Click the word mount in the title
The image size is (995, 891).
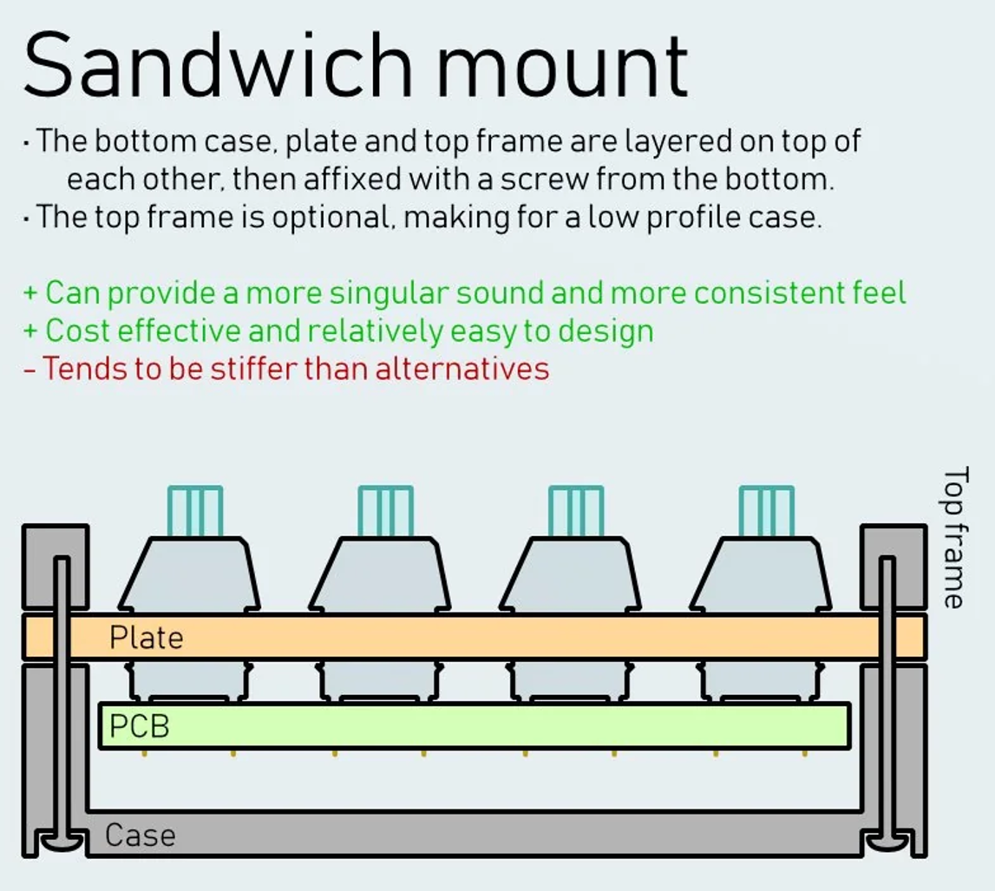click(x=562, y=68)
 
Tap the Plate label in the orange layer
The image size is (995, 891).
click(x=147, y=638)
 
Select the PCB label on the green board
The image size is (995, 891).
click(x=140, y=726)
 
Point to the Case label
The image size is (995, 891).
click(x=141, y=835)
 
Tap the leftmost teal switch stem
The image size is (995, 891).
click(x=195, y=512)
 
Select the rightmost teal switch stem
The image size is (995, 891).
click(x=767, y=512)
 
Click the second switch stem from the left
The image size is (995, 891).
click(x=386, y=512)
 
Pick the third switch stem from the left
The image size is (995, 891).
click(x=576, y=512)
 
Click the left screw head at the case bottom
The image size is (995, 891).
click(x=62, y=842)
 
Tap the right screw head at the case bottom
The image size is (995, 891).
click(x=887, y=842)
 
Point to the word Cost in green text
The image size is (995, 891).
click(x=79, y=331)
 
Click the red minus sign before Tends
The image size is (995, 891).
click(x=29, y=370)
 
